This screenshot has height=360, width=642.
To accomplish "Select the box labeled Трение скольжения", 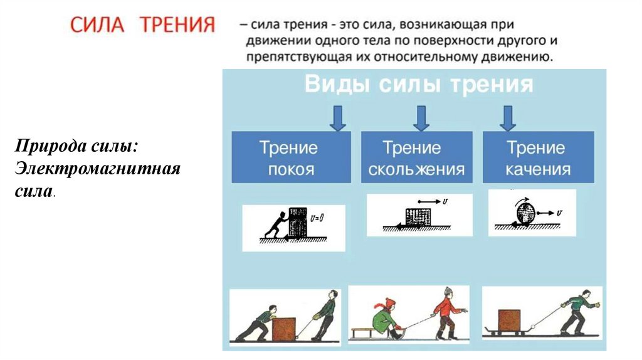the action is [416, 158].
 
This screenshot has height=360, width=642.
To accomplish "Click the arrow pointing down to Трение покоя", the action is [338, 118].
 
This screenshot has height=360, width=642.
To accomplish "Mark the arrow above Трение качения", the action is [507, 118].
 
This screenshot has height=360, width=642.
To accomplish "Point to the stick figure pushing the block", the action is [275, 225].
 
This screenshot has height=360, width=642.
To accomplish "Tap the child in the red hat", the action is [384, 317].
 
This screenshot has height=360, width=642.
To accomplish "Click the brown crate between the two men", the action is [283, 327].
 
